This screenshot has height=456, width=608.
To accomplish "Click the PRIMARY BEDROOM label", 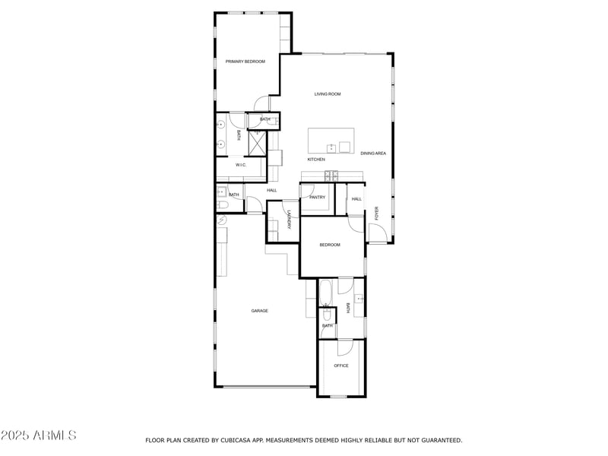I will pyautogui.click(x=245, y=62).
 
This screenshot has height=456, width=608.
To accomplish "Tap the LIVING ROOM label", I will pyautogui.click(x=328, y=94).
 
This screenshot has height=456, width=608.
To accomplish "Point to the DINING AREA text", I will pyautogui.click(x=373, y=154).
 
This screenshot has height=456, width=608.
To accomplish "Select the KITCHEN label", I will pyautogui.click(x=316, y=160).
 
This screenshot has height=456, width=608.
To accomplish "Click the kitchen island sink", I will pyautogui.click(x=331, y=147).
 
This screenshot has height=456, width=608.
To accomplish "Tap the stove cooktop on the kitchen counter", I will pyautogui.click(x=331, y=176).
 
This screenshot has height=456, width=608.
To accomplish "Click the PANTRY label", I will pyautogui.click(x=317, y=198).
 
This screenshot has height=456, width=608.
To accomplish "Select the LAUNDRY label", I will pyautogui.click(x=290, y=220).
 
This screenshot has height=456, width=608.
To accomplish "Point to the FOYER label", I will pyautogui.click(x=376, y=214).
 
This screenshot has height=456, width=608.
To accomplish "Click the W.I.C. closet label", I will pyautogui.click(x=240, y=165).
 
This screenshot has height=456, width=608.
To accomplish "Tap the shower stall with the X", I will pyautogui.click(x=258, y=142).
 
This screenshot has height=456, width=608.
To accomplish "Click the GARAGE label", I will pyautogui.click(x=260, y=311).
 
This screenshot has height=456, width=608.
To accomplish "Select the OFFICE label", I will pyautogui.click(x=341, y=366).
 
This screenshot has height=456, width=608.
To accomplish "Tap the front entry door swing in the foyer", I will pyautogui.click(x=378, y=232).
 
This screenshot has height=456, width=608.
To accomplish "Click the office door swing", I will pyautogui.click(x=346, y=347).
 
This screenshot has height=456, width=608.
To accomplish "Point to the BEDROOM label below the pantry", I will pyautogui.click(x=329, y=245).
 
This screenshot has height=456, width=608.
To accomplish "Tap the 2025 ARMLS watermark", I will pyautogui.click(x=38, y=435).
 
